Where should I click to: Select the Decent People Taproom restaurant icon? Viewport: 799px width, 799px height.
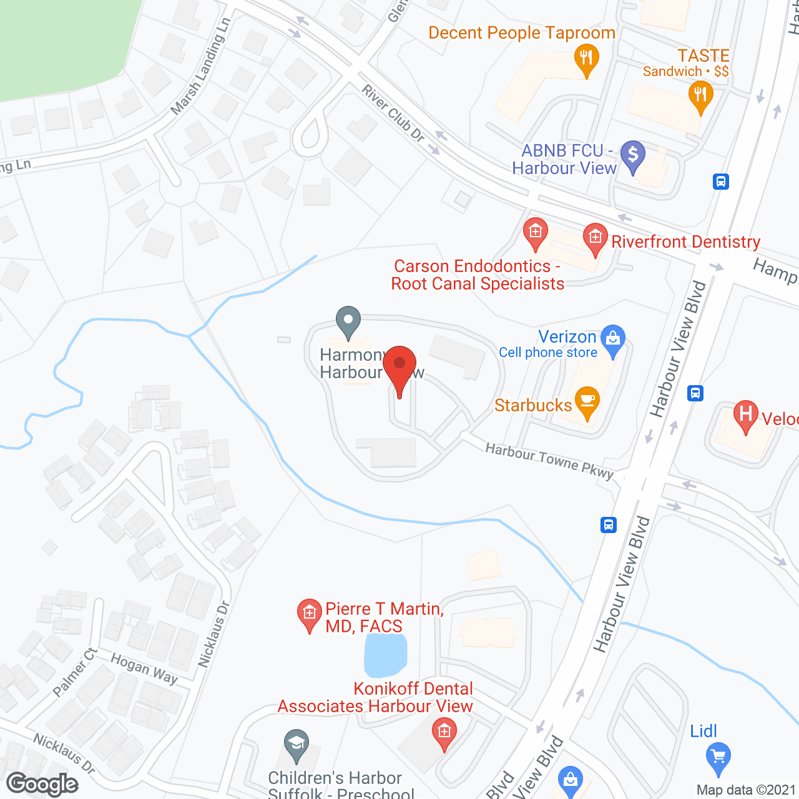(586, 59)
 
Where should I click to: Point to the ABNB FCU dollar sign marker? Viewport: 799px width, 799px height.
(633, 155)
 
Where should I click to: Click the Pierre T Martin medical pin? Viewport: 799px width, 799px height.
(309, 614)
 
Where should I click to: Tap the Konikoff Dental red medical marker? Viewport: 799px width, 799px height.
(444, 732)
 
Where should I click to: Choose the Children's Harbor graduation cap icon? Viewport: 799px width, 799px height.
(296, 744)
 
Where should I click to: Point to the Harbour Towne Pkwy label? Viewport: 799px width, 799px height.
(549, 461)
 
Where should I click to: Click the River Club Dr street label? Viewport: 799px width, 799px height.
(393, 113)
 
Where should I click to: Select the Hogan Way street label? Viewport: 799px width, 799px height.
(144, 668)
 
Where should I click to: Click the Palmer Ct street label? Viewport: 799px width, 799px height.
(75, 672)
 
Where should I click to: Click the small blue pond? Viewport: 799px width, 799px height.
(385, 655)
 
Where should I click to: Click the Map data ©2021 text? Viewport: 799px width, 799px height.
(746, 790)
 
